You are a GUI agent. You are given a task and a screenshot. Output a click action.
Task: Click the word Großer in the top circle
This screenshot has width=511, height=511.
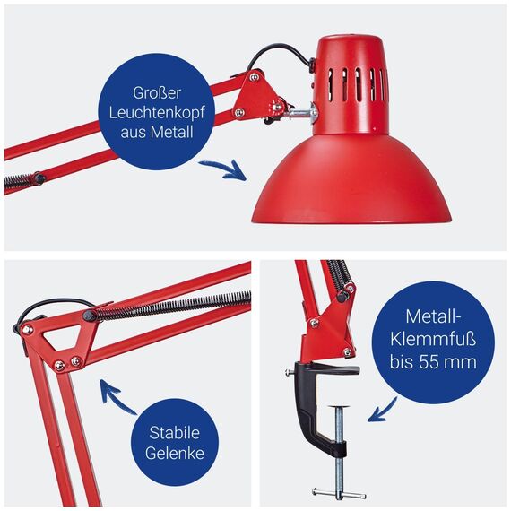[x=158, y=91]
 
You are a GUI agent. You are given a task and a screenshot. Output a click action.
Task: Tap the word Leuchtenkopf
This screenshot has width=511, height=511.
[x=158, y=113]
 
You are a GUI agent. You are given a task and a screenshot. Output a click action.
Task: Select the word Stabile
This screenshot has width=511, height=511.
[x=176, y=431]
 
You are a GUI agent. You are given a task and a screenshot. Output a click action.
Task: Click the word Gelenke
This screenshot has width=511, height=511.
[x=176, y=453]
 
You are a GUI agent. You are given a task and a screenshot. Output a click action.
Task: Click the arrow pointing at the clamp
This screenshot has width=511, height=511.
[x=385, y=410]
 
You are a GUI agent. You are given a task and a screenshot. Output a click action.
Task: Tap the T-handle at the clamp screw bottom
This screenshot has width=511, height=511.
[x=338, y=491]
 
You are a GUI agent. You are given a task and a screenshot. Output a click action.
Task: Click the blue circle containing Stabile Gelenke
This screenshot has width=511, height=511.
[x=176, y=442]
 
